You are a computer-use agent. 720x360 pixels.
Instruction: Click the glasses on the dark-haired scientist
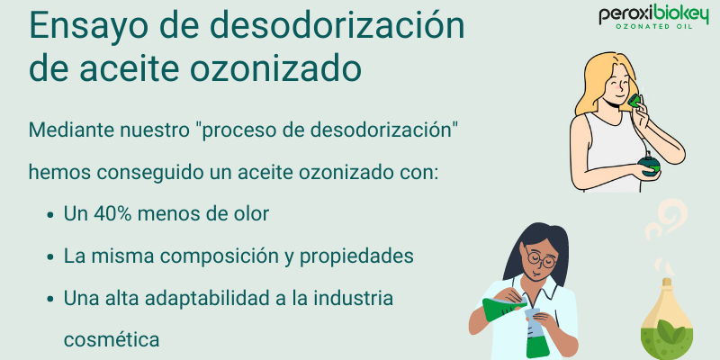(540, 260)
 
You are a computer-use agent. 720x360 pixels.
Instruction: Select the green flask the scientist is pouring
(495, 310)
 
